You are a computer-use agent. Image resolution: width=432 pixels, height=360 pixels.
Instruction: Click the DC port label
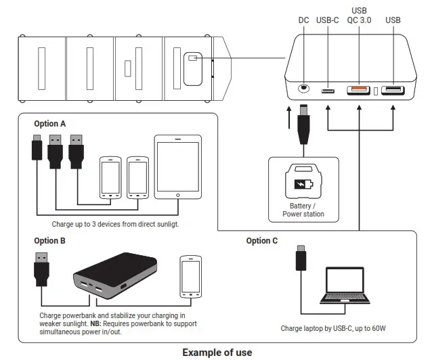[303, 20]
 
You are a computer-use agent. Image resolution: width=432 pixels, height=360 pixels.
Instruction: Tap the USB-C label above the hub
[327, 20]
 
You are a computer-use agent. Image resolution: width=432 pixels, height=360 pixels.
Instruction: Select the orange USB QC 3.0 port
[358, 90]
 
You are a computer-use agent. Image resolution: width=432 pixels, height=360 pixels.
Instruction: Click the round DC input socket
[303, 88]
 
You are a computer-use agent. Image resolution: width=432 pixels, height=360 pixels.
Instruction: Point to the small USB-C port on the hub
[328, 91]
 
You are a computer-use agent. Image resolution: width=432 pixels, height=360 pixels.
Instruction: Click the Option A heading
[50, 124]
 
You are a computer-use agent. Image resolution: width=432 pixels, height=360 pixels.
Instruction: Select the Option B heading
[50, 241]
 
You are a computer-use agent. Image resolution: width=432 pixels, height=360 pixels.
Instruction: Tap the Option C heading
[262, 241]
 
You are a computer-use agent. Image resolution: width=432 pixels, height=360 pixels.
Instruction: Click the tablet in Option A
[177, 167]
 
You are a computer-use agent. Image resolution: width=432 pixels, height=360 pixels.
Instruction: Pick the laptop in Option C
[345, 286]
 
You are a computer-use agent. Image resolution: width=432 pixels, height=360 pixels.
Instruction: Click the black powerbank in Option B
[115, 276]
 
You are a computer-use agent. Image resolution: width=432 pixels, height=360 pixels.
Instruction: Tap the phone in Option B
[191, 277]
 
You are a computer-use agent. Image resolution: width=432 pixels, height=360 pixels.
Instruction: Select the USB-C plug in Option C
[301, 258]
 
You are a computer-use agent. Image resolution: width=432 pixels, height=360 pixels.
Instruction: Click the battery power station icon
[303, 181]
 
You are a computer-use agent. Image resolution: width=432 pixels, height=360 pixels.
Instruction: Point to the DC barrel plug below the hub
[303, 125]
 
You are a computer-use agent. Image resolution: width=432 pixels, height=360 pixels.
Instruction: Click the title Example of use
[217, 353]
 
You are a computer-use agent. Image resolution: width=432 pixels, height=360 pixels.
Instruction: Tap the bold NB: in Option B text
[96, 323]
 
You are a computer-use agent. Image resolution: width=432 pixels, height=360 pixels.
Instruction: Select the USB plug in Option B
[41, 269]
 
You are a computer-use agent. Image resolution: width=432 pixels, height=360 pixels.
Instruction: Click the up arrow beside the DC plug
[288, 118]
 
